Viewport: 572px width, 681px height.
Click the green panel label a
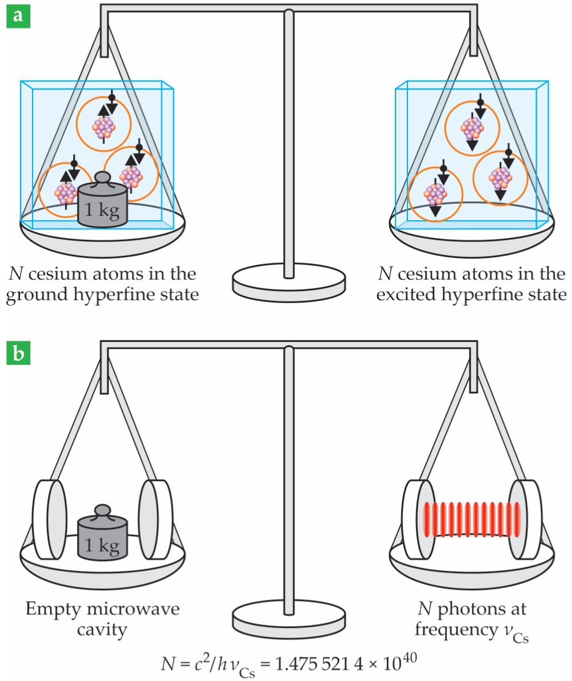(18, 15)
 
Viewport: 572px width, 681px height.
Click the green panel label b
(18, 353)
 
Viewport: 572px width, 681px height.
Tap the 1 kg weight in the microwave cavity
(102, 538)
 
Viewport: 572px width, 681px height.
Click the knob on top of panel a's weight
(102, 178)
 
